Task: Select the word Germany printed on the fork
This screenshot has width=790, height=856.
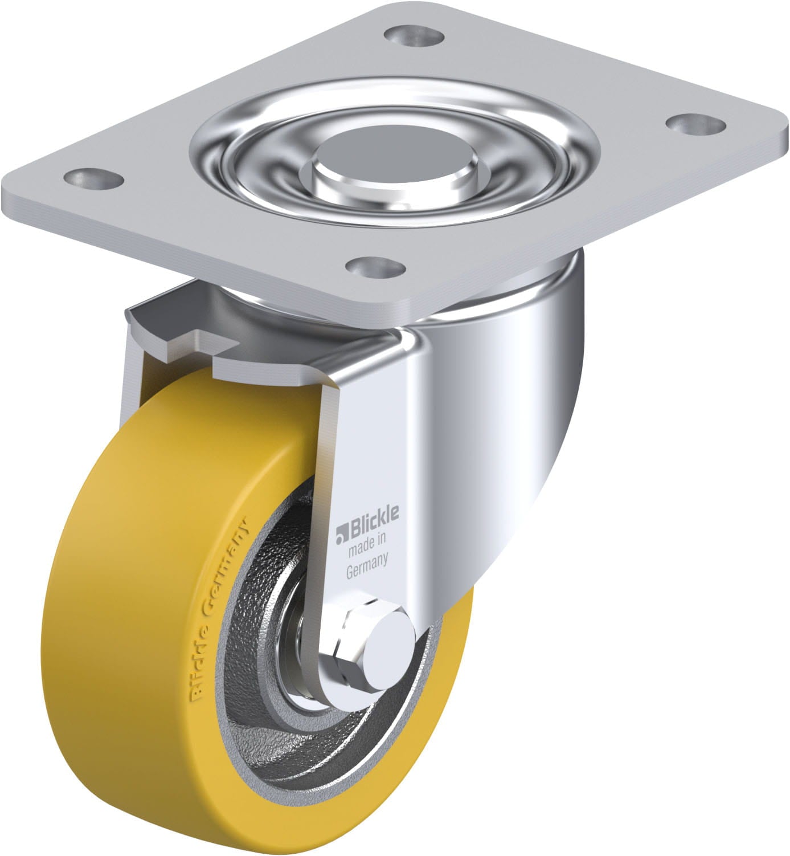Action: [368, 560]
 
